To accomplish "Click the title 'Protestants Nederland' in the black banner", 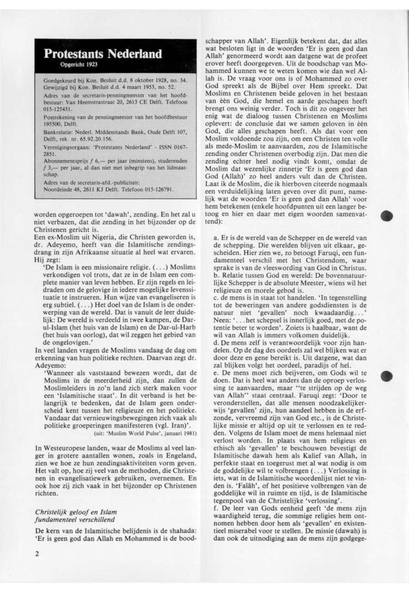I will pos(103,54).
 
